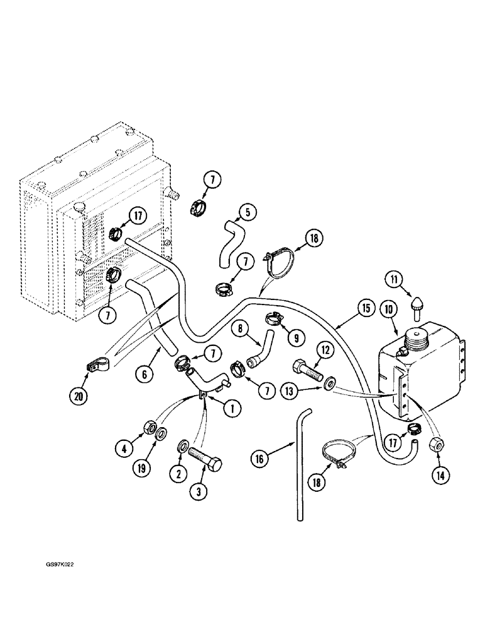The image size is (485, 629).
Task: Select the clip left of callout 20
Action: [x=97, y=365]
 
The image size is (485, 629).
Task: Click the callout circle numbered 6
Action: [x=146, y=373]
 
